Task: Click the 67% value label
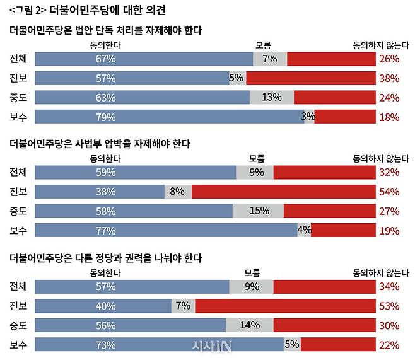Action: pyautogui.click(x=105, y=59)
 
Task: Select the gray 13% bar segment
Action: pyautogui.click(x=272, y=98)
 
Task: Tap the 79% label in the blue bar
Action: pyautogui.click(x=105, y=117)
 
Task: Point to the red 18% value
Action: pyautogui.click(x=389, y=117)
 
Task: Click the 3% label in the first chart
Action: pyautogui.click(x=308, y=117)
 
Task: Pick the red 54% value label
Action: pyautogui.click(x=389, y=192)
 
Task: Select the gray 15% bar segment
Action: pyautogui.click(x=259, y=211)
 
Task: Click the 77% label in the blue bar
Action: pyautogui.click(x=105, y=231)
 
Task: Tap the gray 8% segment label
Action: pyautogui.click(x=177, y=192)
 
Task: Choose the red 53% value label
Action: pyautogui.click(x=389, y=306)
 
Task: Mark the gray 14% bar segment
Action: pyautogui.click(x=250, y=326)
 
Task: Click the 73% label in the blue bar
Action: pyautogui.click(x=105, y=345)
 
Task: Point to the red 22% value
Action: pyautogui.click(x=389, y=345)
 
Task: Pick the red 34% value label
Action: pyautogui.click(x=389, y=287)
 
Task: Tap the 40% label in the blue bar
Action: pyautogui.click(x=105, y=306)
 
